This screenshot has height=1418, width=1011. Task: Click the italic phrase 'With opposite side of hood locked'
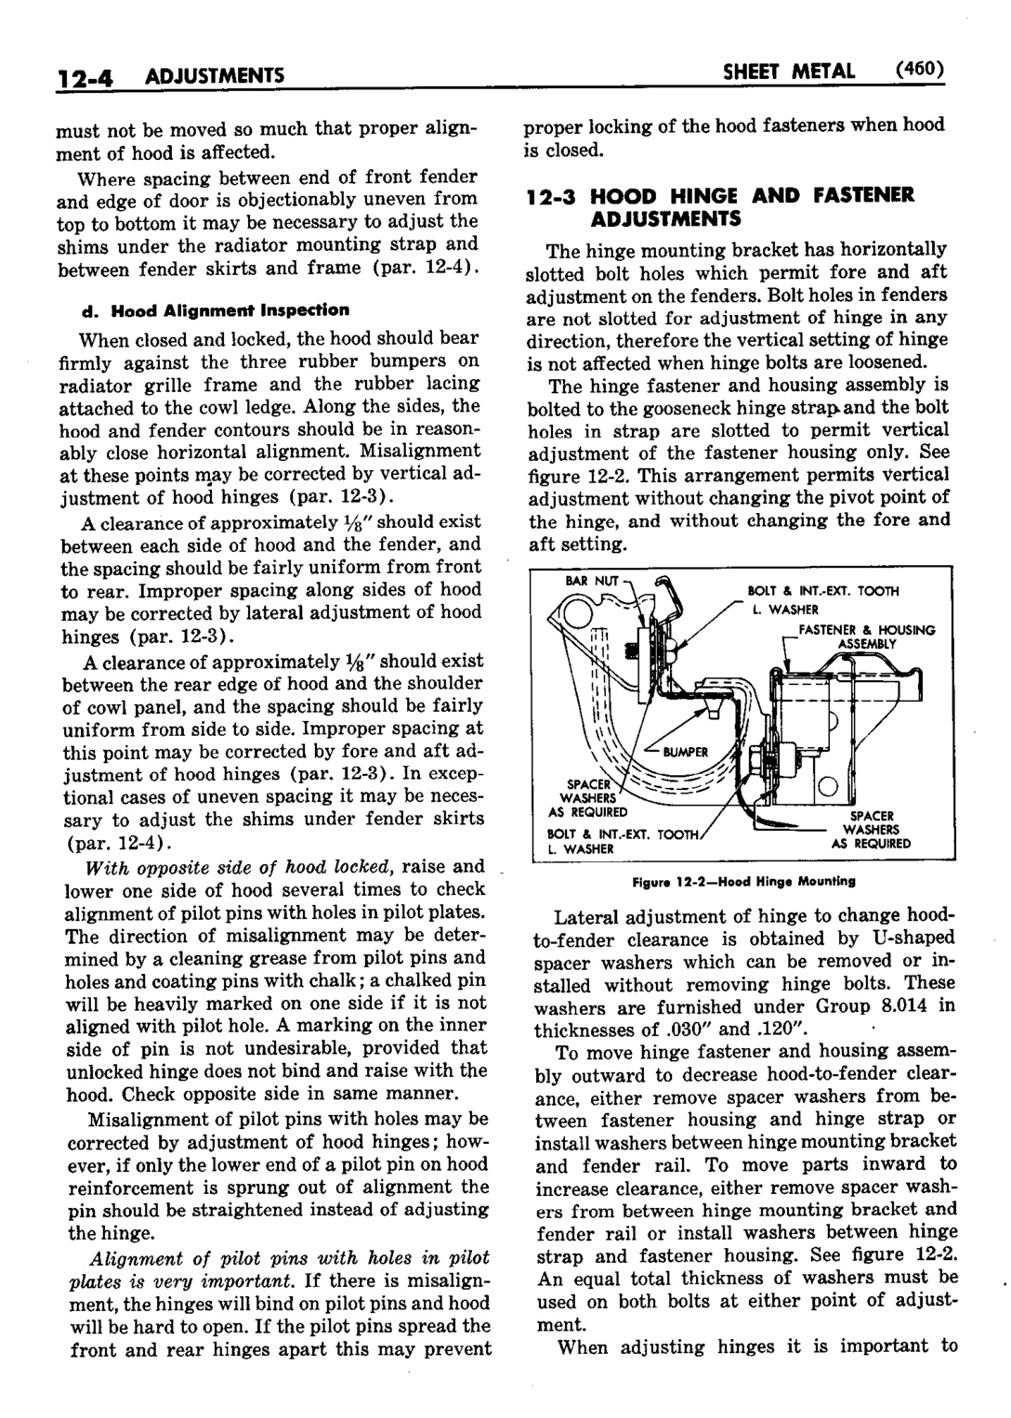click(233, 867)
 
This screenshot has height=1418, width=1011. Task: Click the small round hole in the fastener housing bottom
click(830, 789)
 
